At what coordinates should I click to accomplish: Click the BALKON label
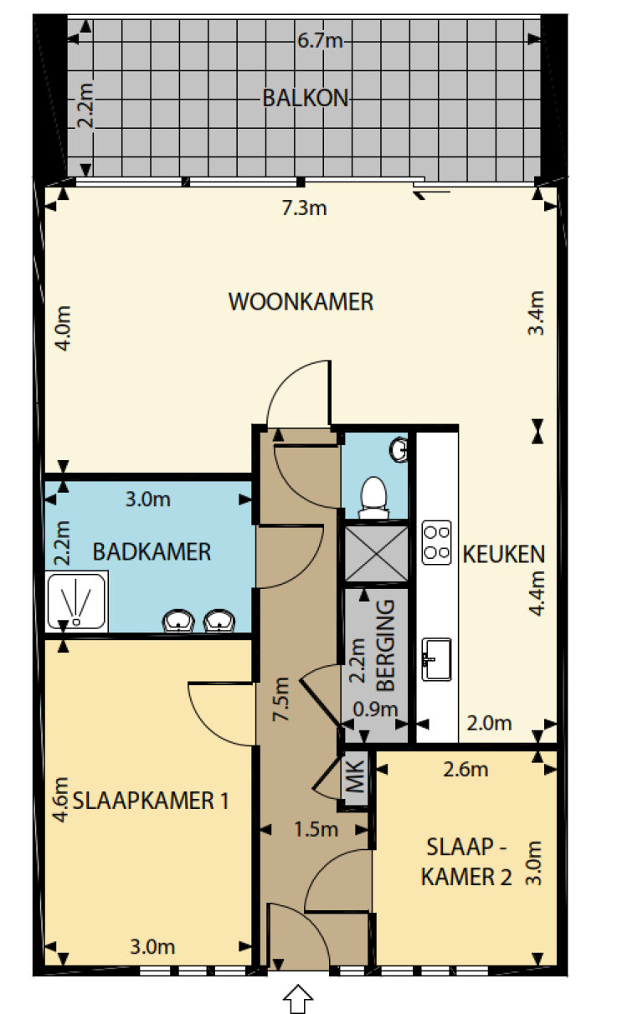pos(305,98)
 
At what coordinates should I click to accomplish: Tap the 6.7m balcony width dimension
pos(321,40)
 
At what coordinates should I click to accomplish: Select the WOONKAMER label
pos(301,301)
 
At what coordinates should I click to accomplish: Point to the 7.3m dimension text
pos(304,208)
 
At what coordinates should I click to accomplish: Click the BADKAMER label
pos(152,551)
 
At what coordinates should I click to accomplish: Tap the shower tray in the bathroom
pos(77,601)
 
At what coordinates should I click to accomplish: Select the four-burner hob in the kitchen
pos(436,540)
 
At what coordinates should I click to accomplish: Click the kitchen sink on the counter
pos(436,659)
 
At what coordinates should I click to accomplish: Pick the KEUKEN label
pos(504,553)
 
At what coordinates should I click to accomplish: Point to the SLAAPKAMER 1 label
pos(152,801)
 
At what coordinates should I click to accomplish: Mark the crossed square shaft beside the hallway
pos(376,552)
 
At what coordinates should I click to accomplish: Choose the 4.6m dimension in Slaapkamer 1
pos(60,801)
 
